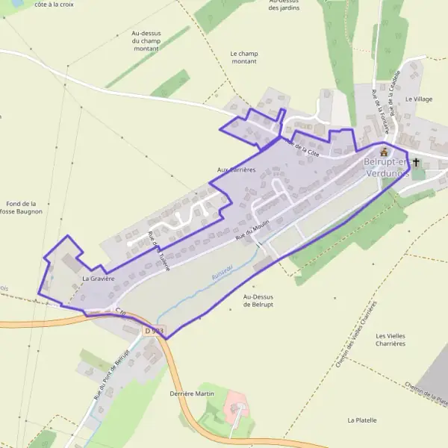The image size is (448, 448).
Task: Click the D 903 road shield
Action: tap(154, 331)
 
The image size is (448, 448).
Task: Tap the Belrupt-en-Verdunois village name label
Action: tap(387, 167)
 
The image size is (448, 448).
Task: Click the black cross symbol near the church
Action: tap(416, 164)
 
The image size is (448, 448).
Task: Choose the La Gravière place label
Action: tap(98, 279)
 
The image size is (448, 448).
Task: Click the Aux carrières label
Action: tap(236, 169)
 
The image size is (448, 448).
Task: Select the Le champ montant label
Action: tap(243, 57)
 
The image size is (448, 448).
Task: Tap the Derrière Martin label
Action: tap(192, 393)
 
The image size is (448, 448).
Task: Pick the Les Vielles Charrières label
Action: tap(391, 340)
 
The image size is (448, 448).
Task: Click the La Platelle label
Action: tap(362, 420)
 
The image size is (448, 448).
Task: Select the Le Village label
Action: tap(419, 99)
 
